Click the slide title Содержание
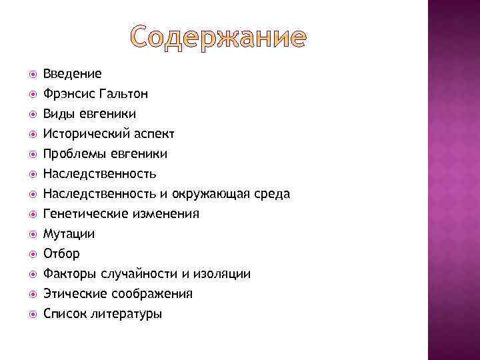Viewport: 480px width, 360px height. click(218, 38)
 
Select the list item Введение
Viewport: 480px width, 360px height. click(72, 74)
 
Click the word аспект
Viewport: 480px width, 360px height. click(151, 134)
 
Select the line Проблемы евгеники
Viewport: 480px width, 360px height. click(105, 154)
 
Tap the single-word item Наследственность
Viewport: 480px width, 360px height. click(99, 174)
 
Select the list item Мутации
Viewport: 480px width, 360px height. click(69, 234)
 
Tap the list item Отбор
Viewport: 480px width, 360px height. click(61, 254)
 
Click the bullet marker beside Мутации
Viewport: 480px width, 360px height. click(27, 234)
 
